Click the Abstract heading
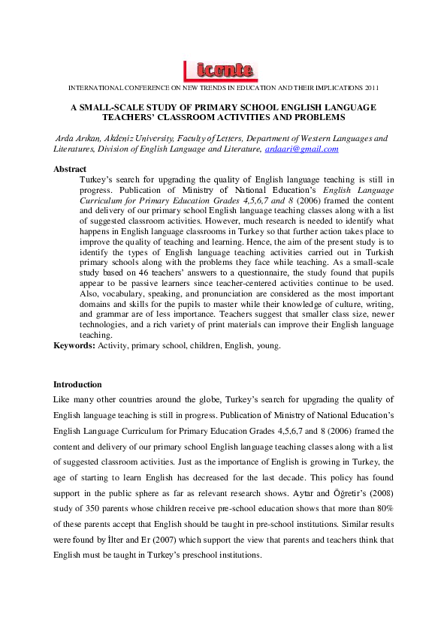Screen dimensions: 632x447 click(x=70, y=170)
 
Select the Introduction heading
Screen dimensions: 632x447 click(x=77, y=384)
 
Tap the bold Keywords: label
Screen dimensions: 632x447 click(x=74, y=345)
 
